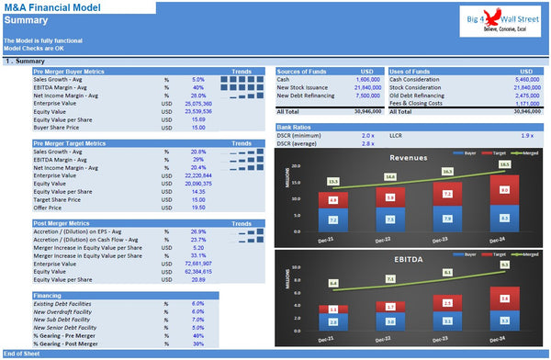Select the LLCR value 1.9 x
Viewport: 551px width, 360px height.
coord(527,135)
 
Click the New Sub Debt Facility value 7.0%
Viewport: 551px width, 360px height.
coord(197,319)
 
